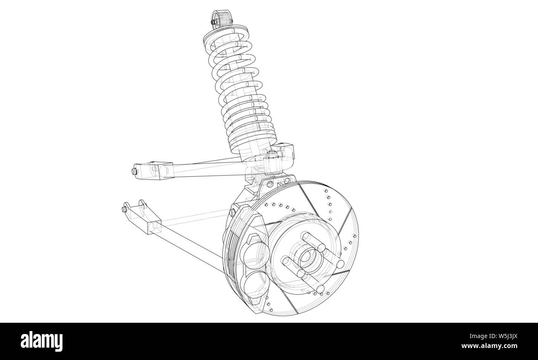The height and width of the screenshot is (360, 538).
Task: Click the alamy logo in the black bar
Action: click(x=42, y=341)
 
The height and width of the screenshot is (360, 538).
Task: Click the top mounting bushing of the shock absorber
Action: click(x=221, y=19)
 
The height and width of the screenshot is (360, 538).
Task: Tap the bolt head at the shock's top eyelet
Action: click(x=213, y=22)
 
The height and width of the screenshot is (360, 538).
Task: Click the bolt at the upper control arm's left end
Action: click(x=134, y=171)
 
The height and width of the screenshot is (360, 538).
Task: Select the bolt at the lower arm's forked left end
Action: click(x=124, y=209)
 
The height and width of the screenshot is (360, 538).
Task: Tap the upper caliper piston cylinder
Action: click(x=255, y=253)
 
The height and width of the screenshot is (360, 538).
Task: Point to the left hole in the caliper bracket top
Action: click(x=269, y=183)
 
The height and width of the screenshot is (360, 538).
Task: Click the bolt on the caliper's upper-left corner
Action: click(x=232, y=212)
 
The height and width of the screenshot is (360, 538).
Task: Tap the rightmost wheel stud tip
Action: click(x=340, y=264)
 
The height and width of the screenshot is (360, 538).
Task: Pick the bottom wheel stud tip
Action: click(x=321, y=288)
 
